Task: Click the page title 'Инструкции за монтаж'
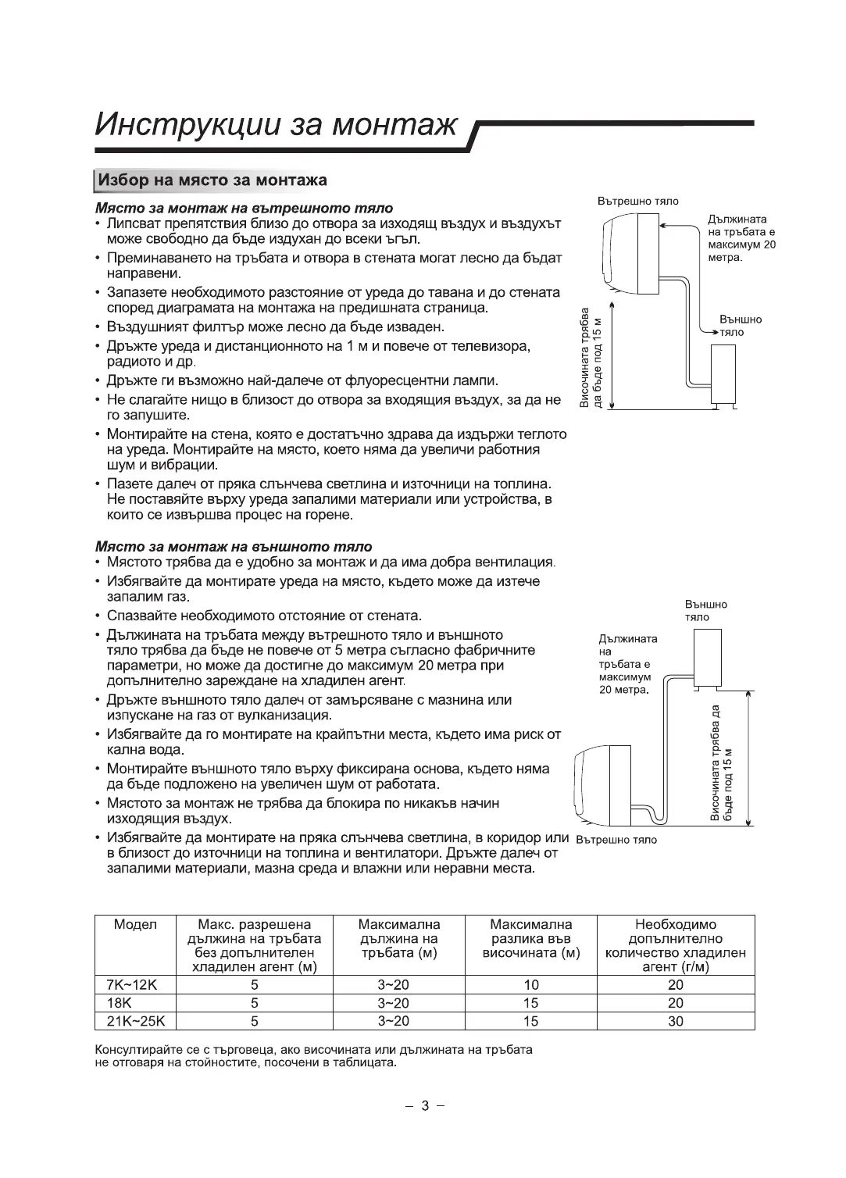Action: pos(276,124)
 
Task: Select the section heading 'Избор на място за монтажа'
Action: pos(211,180)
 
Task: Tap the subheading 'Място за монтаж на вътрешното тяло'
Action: pos(244,209)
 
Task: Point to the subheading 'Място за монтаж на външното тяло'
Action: pos(234,546)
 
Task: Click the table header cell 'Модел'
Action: pos(135,925)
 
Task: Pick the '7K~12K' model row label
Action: pos(131,985)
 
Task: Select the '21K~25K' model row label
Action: pos(135,1021)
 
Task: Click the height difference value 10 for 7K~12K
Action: pos(531,985)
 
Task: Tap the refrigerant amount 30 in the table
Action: pos(676,1021)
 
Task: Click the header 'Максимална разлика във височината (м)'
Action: pos(531,939)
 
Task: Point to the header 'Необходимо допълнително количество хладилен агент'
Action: pos(676,946)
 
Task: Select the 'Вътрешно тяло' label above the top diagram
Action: pos(638,201)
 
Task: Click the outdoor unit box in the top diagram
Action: pos(725,376)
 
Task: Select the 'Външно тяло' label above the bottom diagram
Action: pos(705,610)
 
